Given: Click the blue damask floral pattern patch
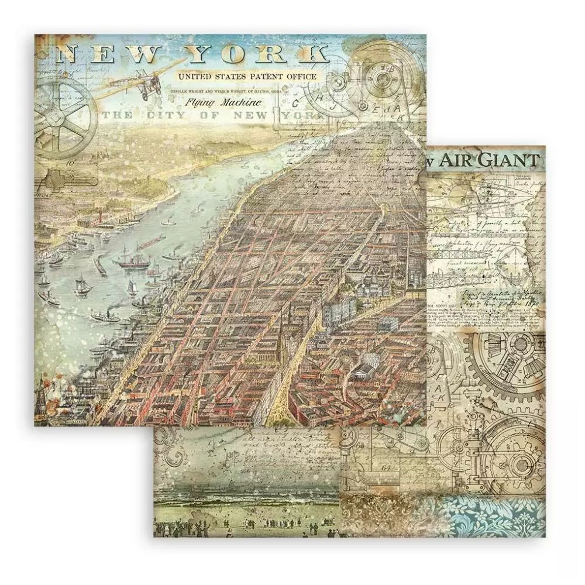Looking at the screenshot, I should [497, 521].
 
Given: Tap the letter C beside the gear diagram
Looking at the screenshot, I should [295, 104].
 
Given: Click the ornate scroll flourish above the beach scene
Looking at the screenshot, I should [181, 445].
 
